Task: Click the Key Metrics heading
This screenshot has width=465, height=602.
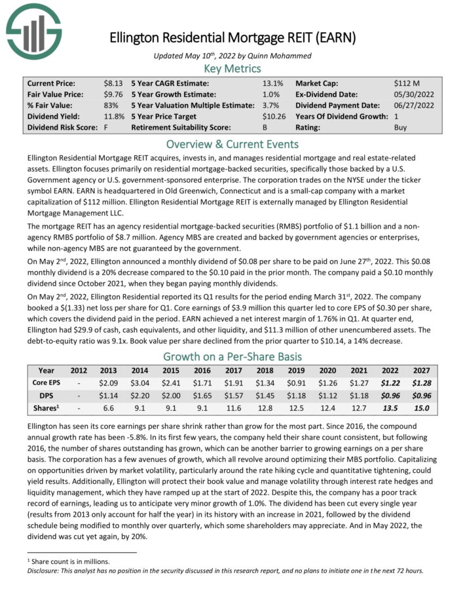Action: pos(232,68)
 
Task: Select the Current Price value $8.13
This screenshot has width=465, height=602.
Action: pos(112,83)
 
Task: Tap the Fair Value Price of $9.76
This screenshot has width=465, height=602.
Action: pos(112,94)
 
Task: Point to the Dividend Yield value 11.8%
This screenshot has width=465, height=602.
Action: pos(113,117)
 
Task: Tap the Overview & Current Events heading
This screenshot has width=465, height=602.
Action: pos(232,143)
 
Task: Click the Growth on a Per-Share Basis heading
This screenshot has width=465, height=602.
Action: pos(232,357)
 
